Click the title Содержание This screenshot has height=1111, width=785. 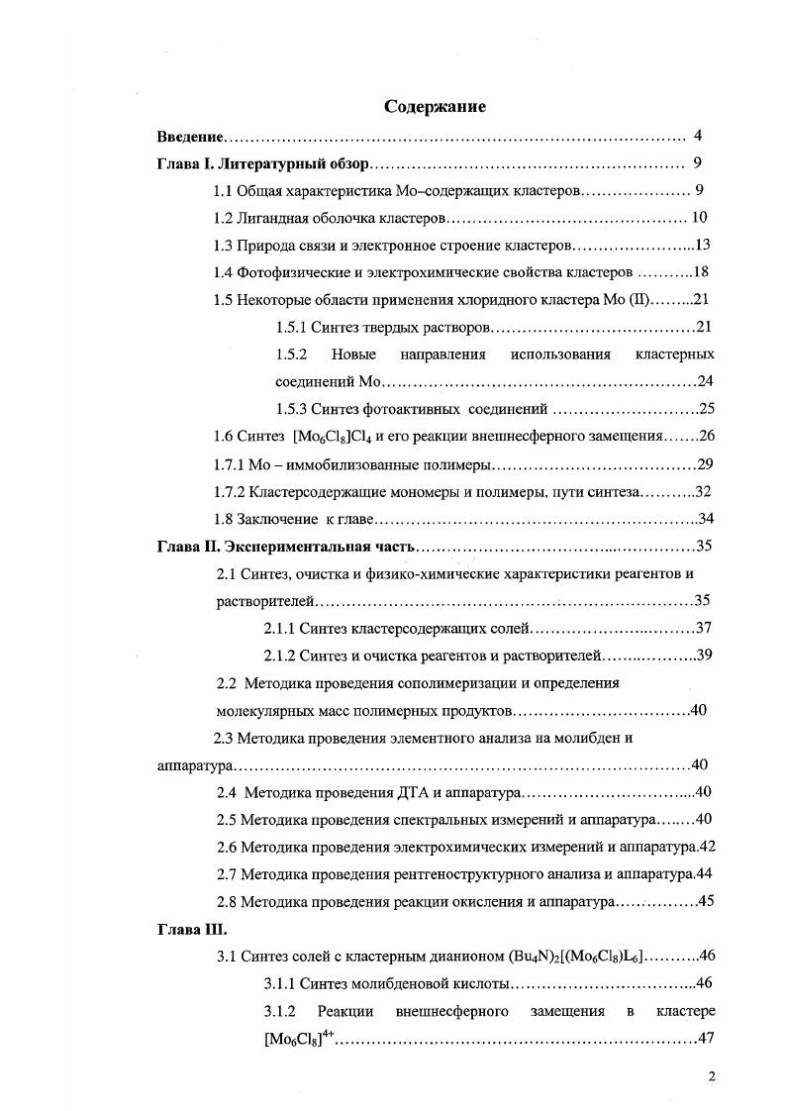(436, 106)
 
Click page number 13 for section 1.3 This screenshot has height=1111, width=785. (704, 245)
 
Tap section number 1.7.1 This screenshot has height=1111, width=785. (229, 463)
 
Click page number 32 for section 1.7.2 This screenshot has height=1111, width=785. (704, 491)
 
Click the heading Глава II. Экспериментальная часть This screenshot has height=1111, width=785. (287, 546)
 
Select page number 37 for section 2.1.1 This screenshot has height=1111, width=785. (704, 628)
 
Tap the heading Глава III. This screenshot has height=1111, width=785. (193, 929)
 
